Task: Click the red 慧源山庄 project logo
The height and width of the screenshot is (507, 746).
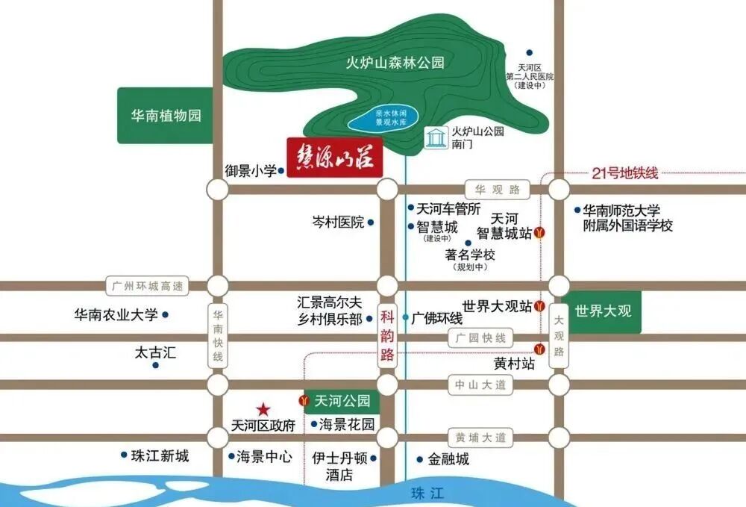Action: point(335,157)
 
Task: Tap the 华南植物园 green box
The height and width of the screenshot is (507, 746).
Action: point(166,116)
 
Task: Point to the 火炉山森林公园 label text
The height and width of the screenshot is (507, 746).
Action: point(395,63)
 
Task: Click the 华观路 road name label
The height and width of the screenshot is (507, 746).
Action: point(495,190)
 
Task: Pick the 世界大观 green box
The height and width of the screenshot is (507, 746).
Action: point(603,311)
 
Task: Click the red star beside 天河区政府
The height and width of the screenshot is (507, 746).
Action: point(263,409)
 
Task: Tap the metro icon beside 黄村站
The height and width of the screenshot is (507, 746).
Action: point(539,348)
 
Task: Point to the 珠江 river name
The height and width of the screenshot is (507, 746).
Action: point(427,493)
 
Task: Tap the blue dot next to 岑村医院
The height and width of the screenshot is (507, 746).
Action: point(371,223)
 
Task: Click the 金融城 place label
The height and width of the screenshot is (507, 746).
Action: point(447,459)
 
